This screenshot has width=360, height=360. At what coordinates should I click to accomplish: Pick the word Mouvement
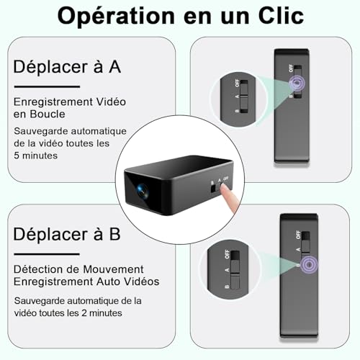click(x=112, y=268)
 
